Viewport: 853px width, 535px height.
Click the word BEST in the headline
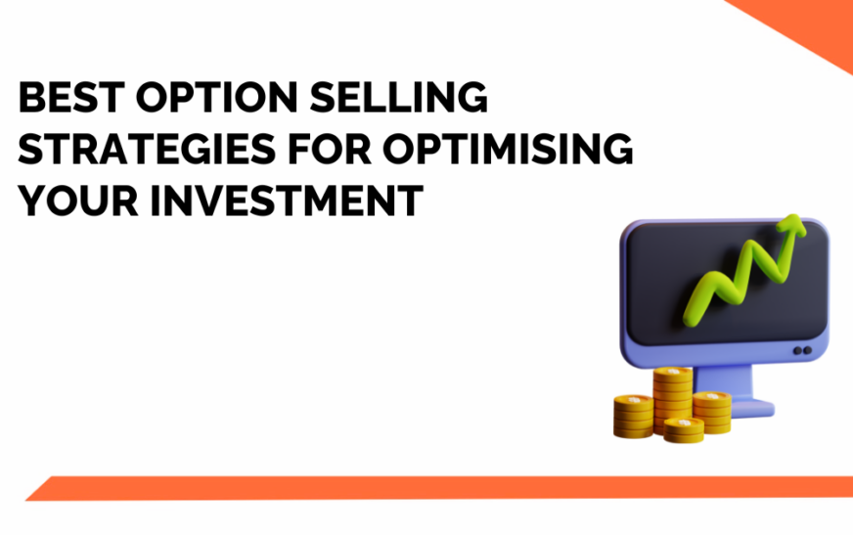point(74,101)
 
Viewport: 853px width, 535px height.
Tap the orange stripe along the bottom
point(440,487)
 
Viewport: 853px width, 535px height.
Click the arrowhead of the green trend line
point(791,231)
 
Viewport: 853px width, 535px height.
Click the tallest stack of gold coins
point(673,396)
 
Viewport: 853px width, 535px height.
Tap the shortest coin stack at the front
point(684,427)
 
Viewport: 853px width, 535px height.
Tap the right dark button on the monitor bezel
point(808,350)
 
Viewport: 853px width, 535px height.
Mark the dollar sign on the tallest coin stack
point(673,374)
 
